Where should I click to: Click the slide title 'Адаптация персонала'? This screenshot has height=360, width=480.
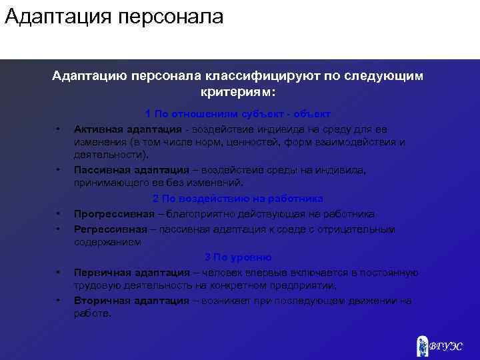coord(113,17)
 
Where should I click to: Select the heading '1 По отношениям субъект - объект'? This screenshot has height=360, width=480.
coord(238,114)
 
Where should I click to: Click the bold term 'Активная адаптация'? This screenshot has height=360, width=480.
coord(127,129)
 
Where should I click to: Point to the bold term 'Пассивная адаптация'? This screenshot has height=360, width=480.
coord(131,170)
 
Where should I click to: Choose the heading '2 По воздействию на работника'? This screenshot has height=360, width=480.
coord(238,199)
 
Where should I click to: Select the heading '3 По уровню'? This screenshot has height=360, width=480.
coord(238,257)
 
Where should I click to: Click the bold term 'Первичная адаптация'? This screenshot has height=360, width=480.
coord(131,272)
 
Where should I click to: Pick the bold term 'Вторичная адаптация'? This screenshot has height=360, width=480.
coord(131,301)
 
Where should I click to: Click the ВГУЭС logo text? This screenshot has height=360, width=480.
coord(445,346)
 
